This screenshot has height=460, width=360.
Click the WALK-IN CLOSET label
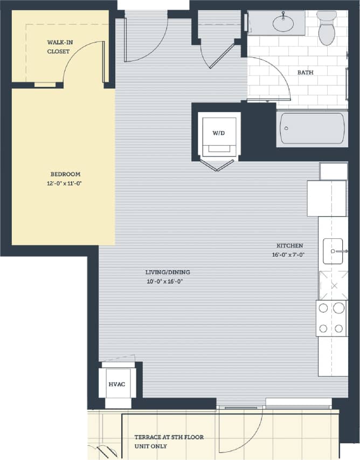point(58,47)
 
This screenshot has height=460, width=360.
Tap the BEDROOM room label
point(65,174)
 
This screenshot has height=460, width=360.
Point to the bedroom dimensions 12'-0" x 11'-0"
point(65,183)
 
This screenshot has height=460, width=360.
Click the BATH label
point(305,72)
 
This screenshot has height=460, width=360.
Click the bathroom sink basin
point(283,23)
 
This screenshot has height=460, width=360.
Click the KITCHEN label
point(291,245)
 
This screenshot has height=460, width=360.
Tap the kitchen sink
point(333,251)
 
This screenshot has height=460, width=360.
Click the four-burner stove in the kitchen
point(331,318)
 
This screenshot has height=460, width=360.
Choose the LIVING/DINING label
point(168,272)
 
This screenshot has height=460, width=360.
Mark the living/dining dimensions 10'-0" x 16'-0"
point(168,282)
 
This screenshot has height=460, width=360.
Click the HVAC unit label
point(117,384)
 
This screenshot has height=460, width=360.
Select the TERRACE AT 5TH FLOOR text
point(169,437)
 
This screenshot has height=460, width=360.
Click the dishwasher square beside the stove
point(333,285)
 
